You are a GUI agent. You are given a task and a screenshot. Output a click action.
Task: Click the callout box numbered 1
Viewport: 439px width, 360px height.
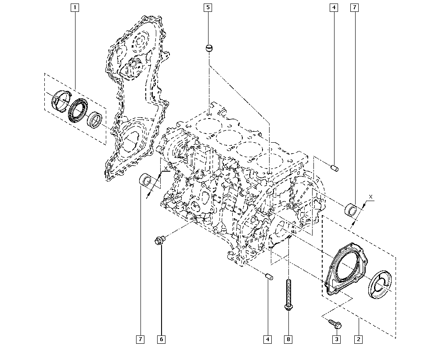pyautogui.click(x=75, y=7)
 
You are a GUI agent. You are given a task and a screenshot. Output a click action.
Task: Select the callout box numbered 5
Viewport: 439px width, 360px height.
pyautogui.click(x=208, y=7)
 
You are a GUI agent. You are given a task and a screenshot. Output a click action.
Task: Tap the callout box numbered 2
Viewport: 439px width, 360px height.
pyautogui.click(x=359, y=339)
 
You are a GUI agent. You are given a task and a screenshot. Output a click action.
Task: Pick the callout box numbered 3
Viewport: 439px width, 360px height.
pyautogui.click(x=337, y=339)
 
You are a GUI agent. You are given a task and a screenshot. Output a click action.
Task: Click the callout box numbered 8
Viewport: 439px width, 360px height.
pyautogui.click(x=288, y=339)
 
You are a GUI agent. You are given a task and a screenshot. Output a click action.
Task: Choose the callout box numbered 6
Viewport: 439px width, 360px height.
pyautogui.click(x=161, y=339)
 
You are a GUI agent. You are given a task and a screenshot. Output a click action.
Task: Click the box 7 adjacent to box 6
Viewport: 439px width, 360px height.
pyautogui.click(x=140, y=339)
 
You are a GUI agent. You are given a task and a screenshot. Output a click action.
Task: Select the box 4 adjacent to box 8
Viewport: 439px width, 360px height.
pyautogui.click(x=267, y=339)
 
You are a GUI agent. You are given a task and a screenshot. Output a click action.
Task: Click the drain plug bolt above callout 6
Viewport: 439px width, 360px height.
pyautogui.click(x=159, y=240)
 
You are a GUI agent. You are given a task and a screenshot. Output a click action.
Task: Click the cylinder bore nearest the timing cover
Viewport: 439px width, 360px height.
pyautogui.click(x=209, y=126)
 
